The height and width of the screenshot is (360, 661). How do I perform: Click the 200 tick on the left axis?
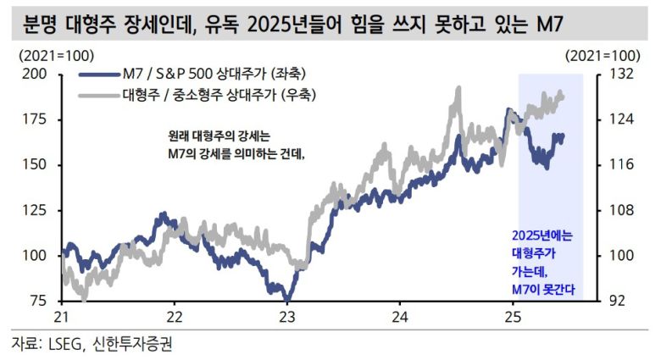tap(34, 74)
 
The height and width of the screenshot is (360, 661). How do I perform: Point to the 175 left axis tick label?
tap(34, 119)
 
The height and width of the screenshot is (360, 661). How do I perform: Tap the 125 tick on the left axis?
tap(34, 209)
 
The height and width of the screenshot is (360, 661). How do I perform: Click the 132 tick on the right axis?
tap(621, 74)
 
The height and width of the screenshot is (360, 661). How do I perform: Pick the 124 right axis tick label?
tap(621, 119)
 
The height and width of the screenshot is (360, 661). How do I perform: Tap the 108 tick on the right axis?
tap(621, 209)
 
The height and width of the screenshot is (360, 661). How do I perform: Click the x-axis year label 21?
tap(61, 317)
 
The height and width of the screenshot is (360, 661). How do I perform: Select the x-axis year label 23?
tap(287, 317)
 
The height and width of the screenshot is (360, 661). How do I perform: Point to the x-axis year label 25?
tap(511, 317)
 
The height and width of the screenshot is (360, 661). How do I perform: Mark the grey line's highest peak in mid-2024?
tap(458, 87)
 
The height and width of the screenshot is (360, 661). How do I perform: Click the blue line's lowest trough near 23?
tap(286, 298)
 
